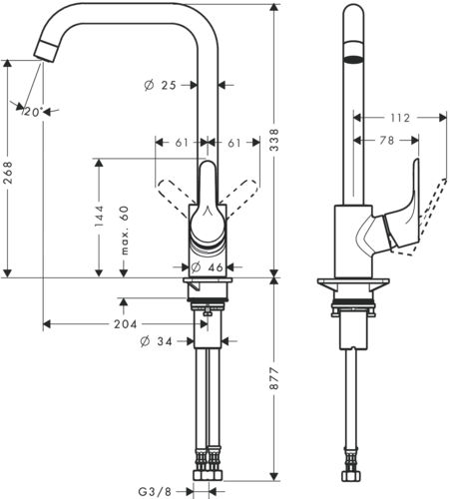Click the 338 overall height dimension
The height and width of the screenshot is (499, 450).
[274, 140]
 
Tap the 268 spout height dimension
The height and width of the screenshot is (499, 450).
[8, 173]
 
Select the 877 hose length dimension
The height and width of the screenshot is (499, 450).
[274, 378]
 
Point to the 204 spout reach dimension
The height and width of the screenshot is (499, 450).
[126, 323]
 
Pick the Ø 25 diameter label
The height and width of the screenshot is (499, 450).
[160, 85]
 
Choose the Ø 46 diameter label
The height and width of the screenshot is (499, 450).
[207, 266]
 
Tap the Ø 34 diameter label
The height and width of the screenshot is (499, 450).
[157, 341]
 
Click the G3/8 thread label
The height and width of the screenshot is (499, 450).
[155, 491]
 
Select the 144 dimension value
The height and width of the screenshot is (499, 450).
[99, 217]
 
